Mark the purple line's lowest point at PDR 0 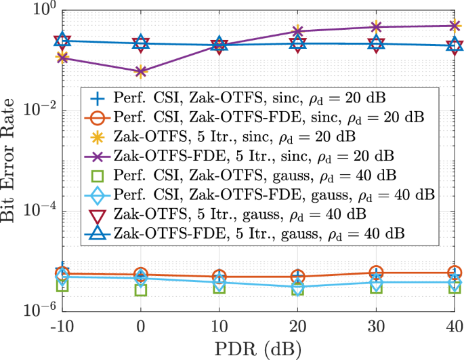tap(141, 71)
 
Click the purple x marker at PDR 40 tap(455, 26)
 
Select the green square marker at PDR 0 tap(141, 289)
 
